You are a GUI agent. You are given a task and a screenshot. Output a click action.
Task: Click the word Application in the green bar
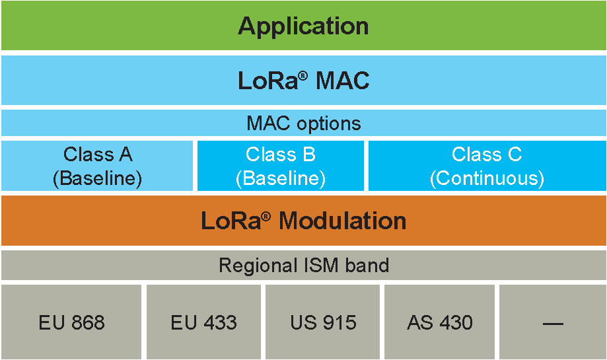coord(304,26)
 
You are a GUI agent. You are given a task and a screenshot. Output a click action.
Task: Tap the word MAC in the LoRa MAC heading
coord(343,81)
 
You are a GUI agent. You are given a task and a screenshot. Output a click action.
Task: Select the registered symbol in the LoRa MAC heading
coord(303,75)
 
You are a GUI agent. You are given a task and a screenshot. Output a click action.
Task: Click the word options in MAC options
coord(329,124)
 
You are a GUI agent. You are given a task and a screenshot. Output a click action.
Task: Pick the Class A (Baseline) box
coord(97,166)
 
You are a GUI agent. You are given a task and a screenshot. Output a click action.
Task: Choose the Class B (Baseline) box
coord(281,166)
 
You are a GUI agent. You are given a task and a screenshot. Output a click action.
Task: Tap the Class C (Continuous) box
coord(487,166)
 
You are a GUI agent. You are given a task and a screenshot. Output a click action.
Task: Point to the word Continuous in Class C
coord(487,178)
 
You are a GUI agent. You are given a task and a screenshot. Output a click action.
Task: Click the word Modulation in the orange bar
coord(343,221)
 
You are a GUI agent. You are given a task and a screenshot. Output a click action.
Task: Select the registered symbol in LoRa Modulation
coord(266,216)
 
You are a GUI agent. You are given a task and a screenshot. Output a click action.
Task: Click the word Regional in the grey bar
coord(258,266)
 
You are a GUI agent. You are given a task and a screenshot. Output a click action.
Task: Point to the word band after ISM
coord(367,266)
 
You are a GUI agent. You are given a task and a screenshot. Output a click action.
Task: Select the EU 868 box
coord(71,322)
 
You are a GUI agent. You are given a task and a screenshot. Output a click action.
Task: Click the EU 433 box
coord(203,322)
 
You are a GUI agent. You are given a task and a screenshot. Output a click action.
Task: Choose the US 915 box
coord(323,322)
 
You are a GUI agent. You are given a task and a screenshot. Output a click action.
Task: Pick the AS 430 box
coord(439,322)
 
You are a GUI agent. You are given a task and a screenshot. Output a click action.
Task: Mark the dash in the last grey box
coord(553,323)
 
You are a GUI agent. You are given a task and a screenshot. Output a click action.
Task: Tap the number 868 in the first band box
coord(88,322)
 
